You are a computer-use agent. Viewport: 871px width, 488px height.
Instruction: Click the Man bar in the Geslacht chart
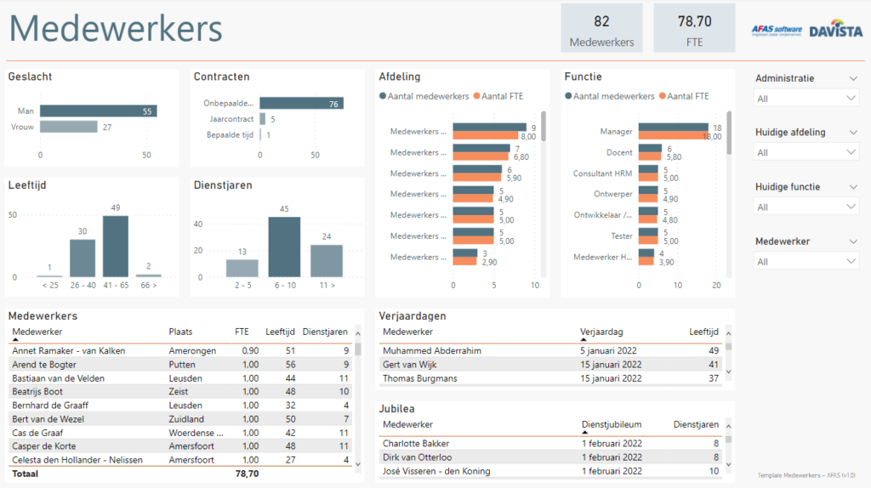point(98,111)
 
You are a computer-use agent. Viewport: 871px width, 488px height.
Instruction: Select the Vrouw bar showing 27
point(69,127)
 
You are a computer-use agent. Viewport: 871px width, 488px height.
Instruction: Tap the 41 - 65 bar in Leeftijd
point(116,247)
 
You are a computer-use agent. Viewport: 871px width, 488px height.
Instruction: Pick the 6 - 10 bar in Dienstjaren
point(284,247)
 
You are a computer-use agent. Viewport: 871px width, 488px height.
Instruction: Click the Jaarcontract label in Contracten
point(231,119)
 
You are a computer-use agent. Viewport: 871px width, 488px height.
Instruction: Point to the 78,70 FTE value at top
point(694,21)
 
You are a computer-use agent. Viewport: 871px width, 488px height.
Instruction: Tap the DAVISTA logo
point(835,31)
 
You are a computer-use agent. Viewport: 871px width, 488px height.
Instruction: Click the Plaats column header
point(181,332)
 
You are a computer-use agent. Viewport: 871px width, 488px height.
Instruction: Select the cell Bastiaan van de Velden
point(57,377)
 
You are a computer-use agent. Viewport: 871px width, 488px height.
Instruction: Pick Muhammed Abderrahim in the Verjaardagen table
point(431,350)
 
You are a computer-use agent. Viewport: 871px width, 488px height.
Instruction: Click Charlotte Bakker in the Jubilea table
point(416,443)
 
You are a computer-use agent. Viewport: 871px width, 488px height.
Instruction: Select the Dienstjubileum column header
point(611,424)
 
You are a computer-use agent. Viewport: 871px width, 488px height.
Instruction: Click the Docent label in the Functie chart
point(620,152)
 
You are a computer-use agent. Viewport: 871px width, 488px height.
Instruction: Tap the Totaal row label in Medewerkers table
point(26,474)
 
